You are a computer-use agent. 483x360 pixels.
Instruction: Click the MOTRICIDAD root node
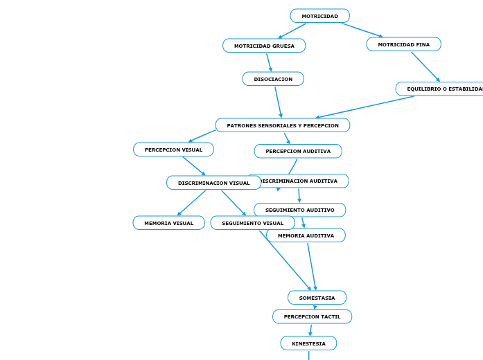(x=319, y=16)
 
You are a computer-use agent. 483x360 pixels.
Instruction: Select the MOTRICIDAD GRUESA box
(x=264, y=46)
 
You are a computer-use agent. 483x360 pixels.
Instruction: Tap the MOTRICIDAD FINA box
(x=403, y=44)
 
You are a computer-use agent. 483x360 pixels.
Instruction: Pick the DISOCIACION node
(x=273, y=79)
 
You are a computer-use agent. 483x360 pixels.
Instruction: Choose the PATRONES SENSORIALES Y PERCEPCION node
(x=282, y=125)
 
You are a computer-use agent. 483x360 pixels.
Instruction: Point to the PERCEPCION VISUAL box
(x=173, y=150)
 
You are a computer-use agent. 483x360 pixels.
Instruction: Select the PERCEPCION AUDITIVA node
(x=298, y=151)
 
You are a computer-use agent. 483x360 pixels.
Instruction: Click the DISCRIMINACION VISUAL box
(x=213, y=183)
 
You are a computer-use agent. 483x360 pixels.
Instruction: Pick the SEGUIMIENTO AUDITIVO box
(x=299, y=210)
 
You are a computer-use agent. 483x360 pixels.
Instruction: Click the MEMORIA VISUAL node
(x=168, y=223)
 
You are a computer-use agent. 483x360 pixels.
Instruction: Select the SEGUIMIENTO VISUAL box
(x=252, y=223)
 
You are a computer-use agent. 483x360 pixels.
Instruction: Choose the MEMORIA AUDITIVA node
(x=306, y=235)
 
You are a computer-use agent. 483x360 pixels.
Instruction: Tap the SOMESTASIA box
(x=317, y=298)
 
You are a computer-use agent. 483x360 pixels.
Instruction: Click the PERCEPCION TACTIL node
(x=312, y=316)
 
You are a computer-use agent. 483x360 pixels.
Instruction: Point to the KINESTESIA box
(x=308, y=343)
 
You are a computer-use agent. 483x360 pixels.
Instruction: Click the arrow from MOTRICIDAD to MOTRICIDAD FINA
(x=362, y=30)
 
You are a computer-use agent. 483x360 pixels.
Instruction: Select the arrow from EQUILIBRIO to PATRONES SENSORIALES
(x=365, y=107)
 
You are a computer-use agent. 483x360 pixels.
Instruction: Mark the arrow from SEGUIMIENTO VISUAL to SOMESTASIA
(x=285, y=260)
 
